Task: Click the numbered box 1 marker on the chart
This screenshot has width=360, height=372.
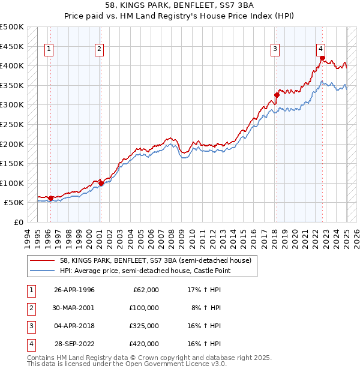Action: (x=49, y=50)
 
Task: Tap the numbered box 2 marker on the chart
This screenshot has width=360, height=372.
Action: (x=99, y=50)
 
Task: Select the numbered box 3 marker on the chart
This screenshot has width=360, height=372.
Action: (x=275, y=50)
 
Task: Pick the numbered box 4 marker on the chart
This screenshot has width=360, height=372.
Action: (x=321, y=50)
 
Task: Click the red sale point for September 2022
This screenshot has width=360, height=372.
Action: (x=322, y=58)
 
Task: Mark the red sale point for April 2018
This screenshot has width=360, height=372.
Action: (x=277, y=95)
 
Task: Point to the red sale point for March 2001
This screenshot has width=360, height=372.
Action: (x=101, y=183)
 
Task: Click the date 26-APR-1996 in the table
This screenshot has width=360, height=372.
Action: (x=74, y=290)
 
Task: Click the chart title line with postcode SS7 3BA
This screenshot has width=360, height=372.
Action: (x=179, y=7)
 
